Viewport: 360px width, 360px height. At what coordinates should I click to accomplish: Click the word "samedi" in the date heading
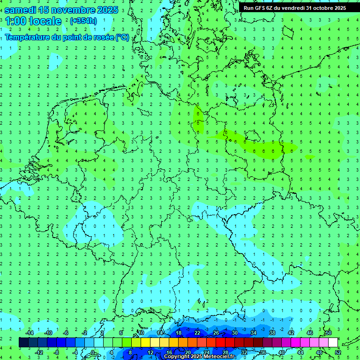(x=20, y=10)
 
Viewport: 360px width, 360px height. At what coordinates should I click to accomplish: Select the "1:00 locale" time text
(x=33, y=21)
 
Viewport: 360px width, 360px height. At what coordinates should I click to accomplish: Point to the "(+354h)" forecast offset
(x=83, y=21)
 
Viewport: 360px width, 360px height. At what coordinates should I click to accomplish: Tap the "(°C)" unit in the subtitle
(x=122, y=37)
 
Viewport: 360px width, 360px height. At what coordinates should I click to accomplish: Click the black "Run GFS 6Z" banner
(x=294, y=7)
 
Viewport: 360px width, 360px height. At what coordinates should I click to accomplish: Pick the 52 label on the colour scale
(x=337, y=352)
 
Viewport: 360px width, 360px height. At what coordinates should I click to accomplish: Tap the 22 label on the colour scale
(x=197, y=333)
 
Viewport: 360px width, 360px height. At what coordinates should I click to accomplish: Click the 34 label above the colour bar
(x=254, y=333)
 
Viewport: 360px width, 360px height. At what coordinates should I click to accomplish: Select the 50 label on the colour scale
(x=328, y=333)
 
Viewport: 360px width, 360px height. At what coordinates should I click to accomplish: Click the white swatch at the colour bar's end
(x=333, y=342)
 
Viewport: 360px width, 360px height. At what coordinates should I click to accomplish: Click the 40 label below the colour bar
(x=281, y=352)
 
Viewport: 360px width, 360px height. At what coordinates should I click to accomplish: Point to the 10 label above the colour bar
(x=141, y=333)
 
